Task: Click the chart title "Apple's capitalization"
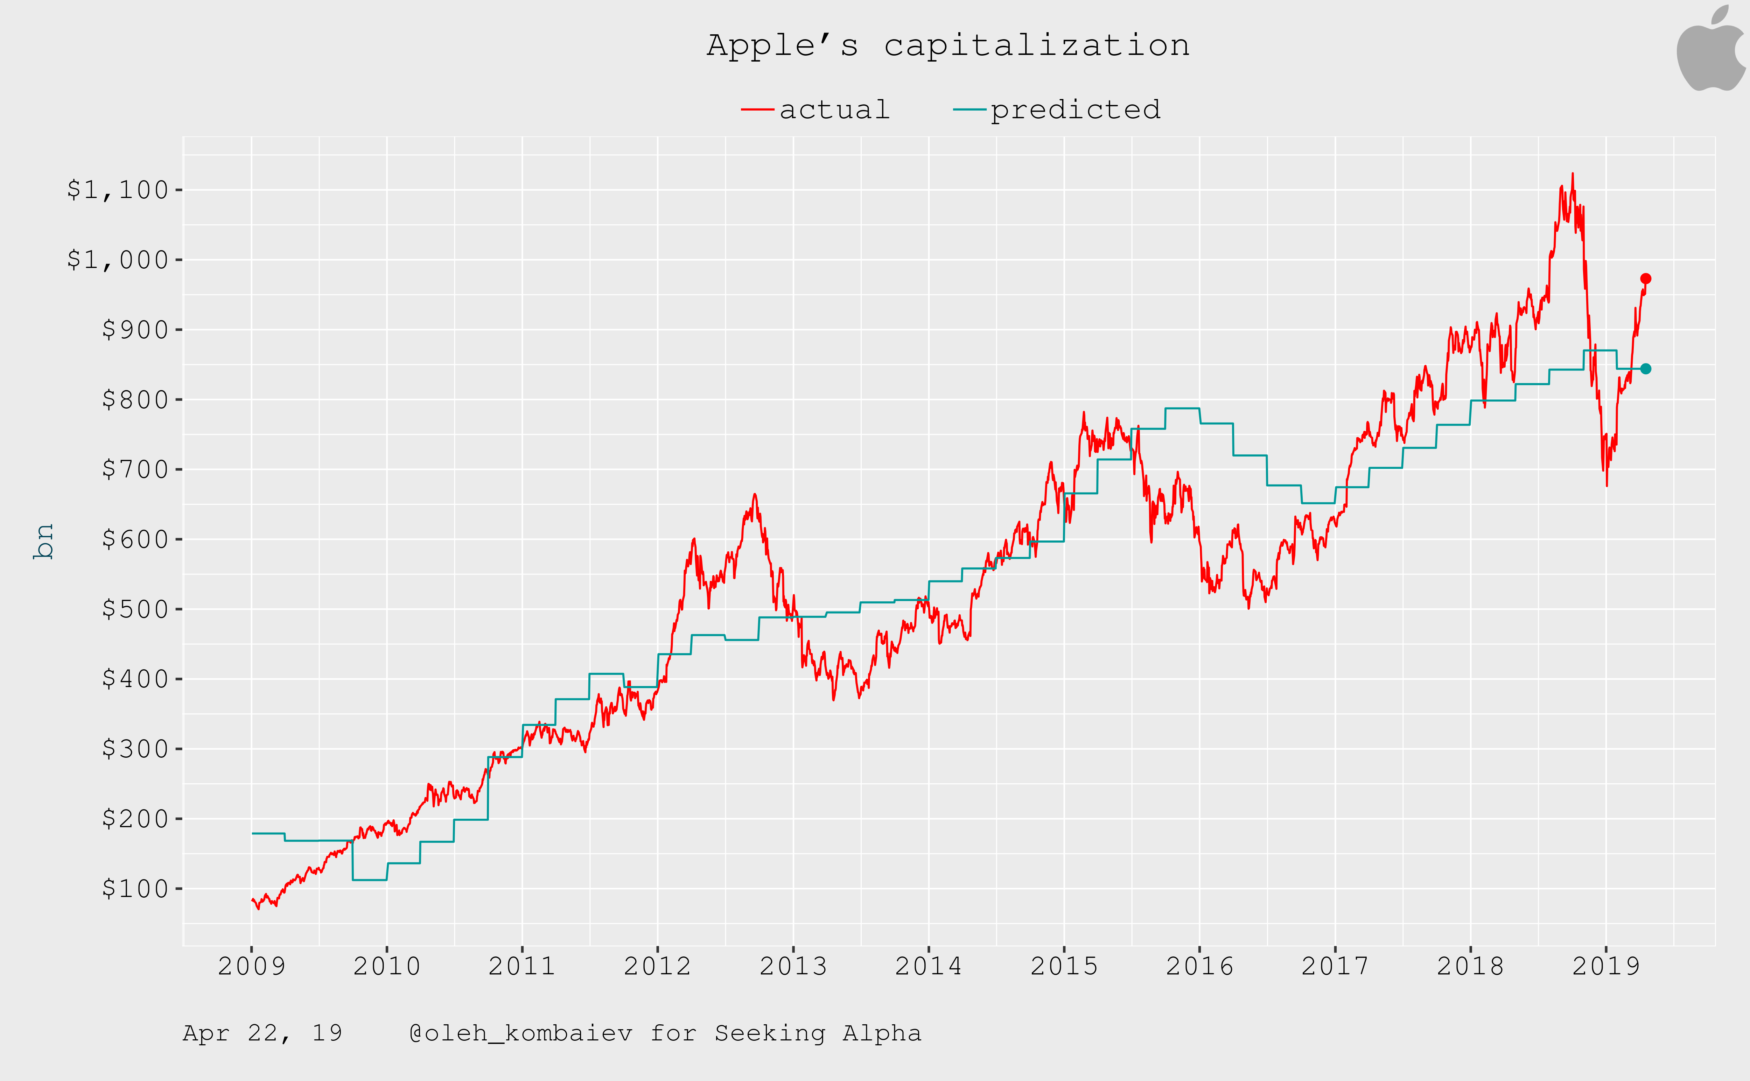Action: pos(948,46)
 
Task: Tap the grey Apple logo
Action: pos(1711,50)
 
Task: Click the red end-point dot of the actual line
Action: pos(1646,279)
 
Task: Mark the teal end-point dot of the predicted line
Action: pos(1646,369)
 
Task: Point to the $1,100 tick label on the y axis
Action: pos(118,190)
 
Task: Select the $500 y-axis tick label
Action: pos(135,609)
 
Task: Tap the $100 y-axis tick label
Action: pos(135,889)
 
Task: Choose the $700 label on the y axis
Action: pos(135,470)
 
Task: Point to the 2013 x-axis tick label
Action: pos(793,967)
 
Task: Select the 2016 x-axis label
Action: pos(1199,967)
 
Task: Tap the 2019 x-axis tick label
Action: pos(1605,967)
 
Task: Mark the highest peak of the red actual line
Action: pos(1572,174)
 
